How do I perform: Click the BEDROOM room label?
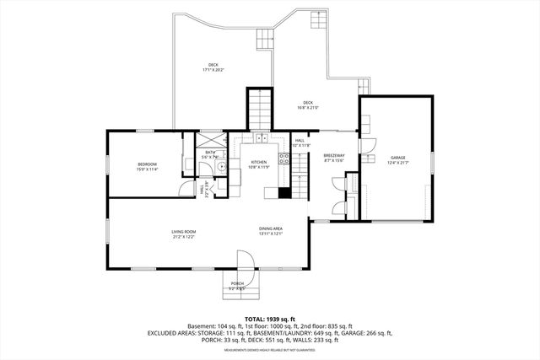pyautogui.click(x=148, y=164)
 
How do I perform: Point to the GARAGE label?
pyautogui.click(x=397, y=159)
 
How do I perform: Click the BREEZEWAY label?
pyautogui.click(x=334, y=155)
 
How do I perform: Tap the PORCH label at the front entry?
pyautogui.click(x=237, y=283)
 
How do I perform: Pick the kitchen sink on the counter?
pyautogui.click(x=262, y=137)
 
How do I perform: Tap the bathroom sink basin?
pyautogui.click(x=220, y=167)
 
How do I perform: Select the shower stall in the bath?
pyautogui.click(x=208, y=141)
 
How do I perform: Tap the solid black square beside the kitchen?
pyautogui.click(x=284, y=192)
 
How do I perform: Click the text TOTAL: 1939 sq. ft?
pyautogui.click(x=269, y=318)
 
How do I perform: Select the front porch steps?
pyautogui.click(x=237, y=292)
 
